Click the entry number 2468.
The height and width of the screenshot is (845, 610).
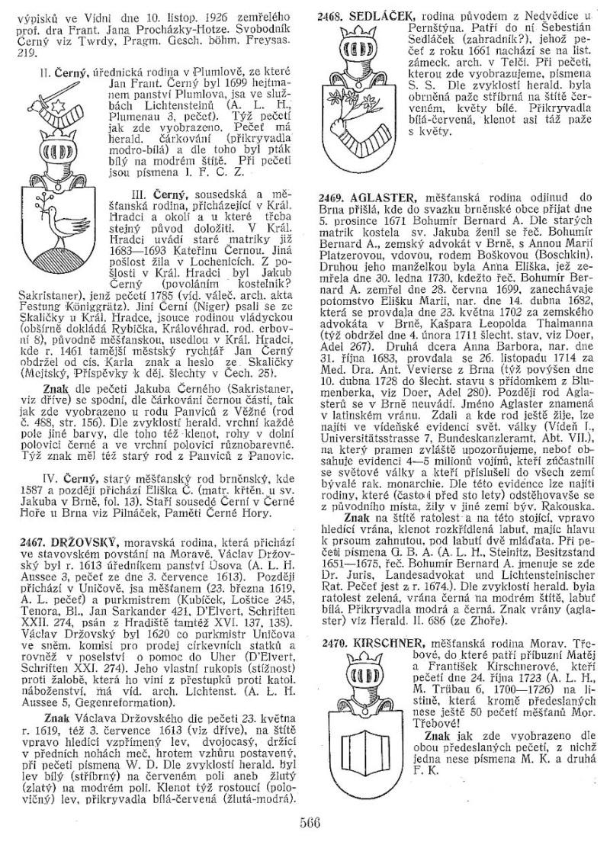pos(332,17)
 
